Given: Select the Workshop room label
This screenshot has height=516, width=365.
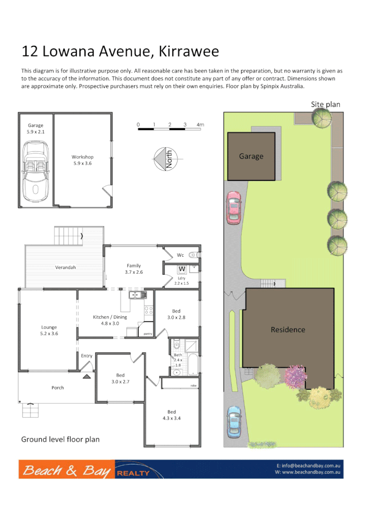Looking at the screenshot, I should (82, 160).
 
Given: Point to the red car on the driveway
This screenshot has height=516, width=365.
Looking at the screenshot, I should (233, 207).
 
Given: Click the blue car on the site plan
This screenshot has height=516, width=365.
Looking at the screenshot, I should (234, 421).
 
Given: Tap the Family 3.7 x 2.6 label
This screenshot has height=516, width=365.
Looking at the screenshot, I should (133, 269).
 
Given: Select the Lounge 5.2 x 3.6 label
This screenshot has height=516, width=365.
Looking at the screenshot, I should (49, 330).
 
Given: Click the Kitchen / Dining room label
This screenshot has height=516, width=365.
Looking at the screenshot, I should (110, 320).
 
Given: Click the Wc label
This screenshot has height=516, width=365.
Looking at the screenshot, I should (180, 255).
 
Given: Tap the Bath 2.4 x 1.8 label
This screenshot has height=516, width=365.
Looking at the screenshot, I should (178, 360).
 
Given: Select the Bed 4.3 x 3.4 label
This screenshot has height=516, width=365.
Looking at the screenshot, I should (171, 415).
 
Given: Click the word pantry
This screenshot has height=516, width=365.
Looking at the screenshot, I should (147, 334).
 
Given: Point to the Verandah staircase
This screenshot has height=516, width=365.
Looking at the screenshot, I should (68, 235).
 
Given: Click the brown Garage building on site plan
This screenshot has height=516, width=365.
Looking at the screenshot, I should (251, 156).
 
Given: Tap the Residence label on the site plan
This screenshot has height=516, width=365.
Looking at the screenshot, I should (287, 330).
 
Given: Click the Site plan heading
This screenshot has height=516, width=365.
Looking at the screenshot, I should (325, 104).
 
